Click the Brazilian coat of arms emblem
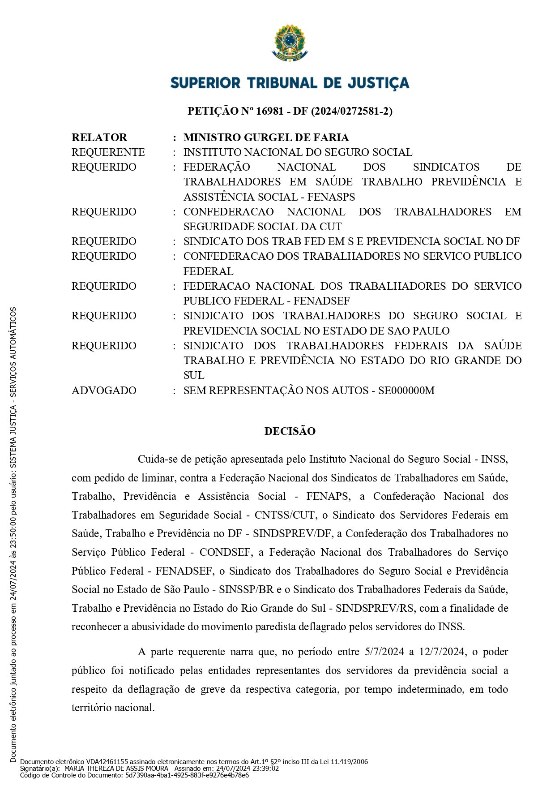[290, 43]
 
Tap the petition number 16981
[269, 111]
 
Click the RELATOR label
[99, 137]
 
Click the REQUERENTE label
[108, 152]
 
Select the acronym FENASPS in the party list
[331, 197]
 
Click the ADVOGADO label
[104, 391]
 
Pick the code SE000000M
[406, 391]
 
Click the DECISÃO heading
[290, 431]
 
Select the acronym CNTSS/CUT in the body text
[285, 515]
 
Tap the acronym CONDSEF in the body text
[225, 552]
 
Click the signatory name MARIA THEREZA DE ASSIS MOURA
[116, 769]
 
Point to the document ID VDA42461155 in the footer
[107, 762]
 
